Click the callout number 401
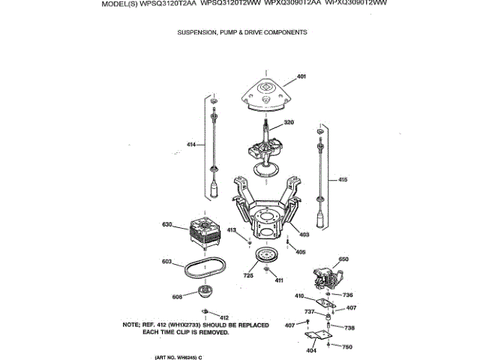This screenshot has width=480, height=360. [x=301, y=77]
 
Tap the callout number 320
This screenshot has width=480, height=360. [x=288, y=122]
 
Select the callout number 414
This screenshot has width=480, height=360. [x=191, y=143]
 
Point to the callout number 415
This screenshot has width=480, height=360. [x=343, y=179]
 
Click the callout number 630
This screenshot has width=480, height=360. [x=167, y=224]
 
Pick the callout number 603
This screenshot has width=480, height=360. [x=166, y=261]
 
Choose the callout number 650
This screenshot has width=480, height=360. [x=343, y=259]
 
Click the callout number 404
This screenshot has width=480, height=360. [x=311, y=350]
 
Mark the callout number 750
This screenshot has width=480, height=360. [x=346, y=346]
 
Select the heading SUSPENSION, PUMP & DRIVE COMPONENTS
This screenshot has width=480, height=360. [x=241, y=32]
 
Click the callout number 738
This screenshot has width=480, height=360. [x=349, y=328]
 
